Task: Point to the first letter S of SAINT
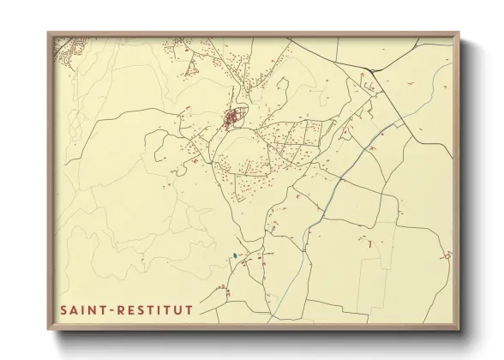click(x=63, y=309)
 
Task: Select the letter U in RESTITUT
click(x=177, y=309)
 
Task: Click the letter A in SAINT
click(x=74, y=309)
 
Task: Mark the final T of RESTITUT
click(x=189, y=309)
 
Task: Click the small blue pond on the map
click(x=233, y=255)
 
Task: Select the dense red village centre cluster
click(x=231, y=118)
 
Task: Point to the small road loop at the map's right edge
click(x=446, y=255)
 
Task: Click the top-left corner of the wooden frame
click(x=48, y=33)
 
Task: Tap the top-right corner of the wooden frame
click(x=459, y=33)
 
